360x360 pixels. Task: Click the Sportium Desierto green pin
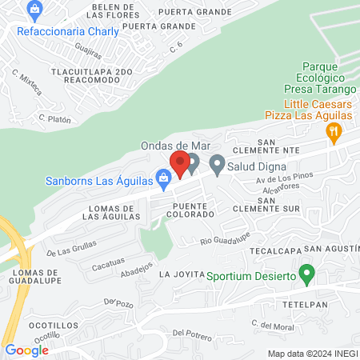[306, 273]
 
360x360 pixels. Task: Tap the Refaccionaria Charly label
[68, 31]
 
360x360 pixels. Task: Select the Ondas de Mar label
[174, 145]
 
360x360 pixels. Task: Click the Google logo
[26, 350]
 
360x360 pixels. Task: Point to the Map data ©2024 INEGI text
[311, 353]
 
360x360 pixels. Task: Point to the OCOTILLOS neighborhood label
[43, 326]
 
